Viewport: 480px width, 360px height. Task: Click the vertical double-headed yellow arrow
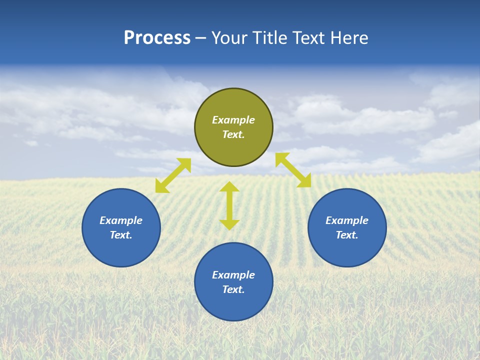pyautogui.click(x=229, y=205)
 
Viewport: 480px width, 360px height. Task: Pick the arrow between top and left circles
pyautogui.click(x=173, y=175)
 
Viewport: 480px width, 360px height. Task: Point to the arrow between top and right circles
pyautogui.click(x=293, y=170)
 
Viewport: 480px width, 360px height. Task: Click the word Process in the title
pyautogui.click(x=157, y=38)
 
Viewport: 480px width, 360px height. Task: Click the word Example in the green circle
pyautogui.click(x=233, y=120)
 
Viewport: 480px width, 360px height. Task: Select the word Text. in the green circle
pyautogui.click(x=233, y=134)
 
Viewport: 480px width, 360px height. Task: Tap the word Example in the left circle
pyautogui.click(x=121, y=220)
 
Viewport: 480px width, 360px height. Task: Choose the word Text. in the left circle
pyautogui.click(x=121, y=235)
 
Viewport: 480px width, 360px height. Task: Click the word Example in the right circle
pyautogui.click(x=347, y=220)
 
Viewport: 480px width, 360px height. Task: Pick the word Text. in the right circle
pyautogui.click(x=347, y=235)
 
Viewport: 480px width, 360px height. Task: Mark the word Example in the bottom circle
pyautogui.click(x=233, y=275)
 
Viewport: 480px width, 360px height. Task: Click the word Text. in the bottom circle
pyautogui.click(x=233, y=289)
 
